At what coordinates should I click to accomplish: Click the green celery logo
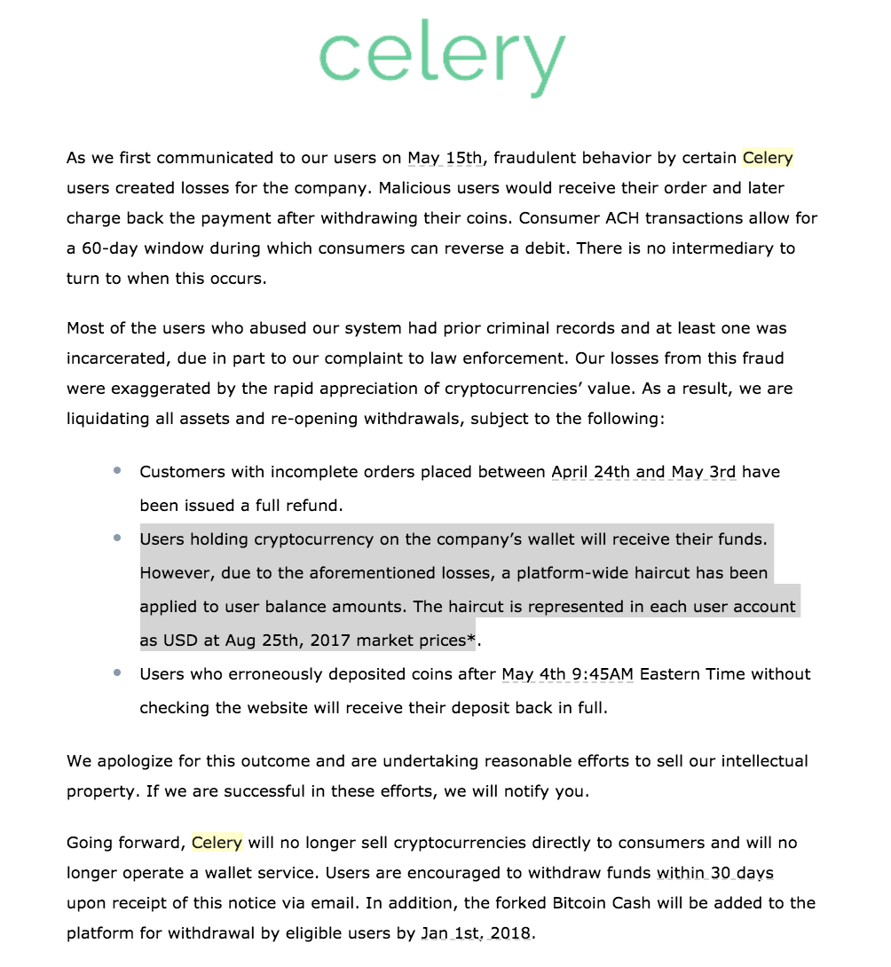[x=441, y=59]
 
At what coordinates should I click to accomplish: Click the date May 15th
[x=445, y=158]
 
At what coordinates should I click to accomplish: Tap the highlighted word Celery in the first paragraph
[x=768, y=158]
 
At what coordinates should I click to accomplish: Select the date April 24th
[x=590, y=472]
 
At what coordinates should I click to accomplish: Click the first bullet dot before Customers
[x=117, y=471]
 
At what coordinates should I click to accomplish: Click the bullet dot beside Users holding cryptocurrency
[x=117, y=539]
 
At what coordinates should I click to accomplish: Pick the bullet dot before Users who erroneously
[x=117, y=673]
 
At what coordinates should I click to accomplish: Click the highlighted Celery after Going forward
[x=217, y=843]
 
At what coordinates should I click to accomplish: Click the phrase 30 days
[x=742, y=873]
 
